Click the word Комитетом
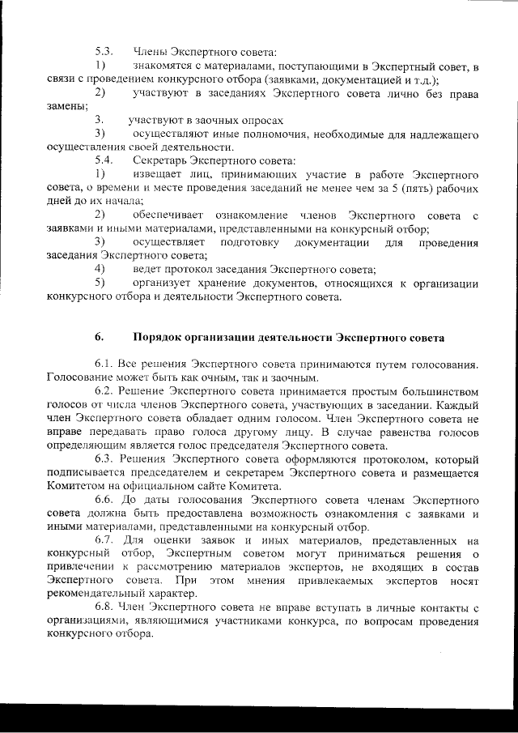[x=79, y=487]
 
